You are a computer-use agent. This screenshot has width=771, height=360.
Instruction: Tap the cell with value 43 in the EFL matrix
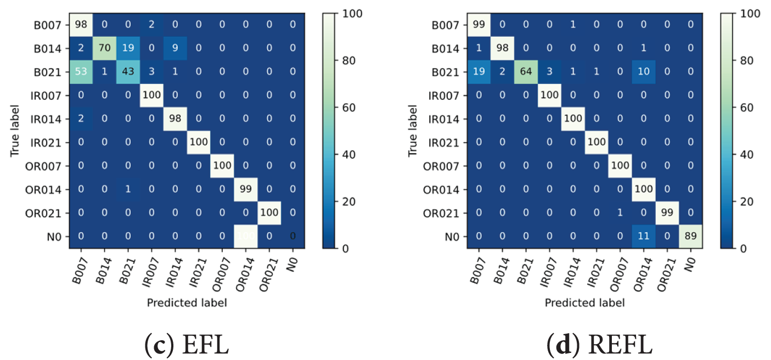pos(127,71)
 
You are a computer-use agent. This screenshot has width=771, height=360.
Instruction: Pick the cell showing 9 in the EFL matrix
pos(175,48)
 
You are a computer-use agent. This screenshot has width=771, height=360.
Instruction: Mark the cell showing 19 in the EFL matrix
pos(127,48)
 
